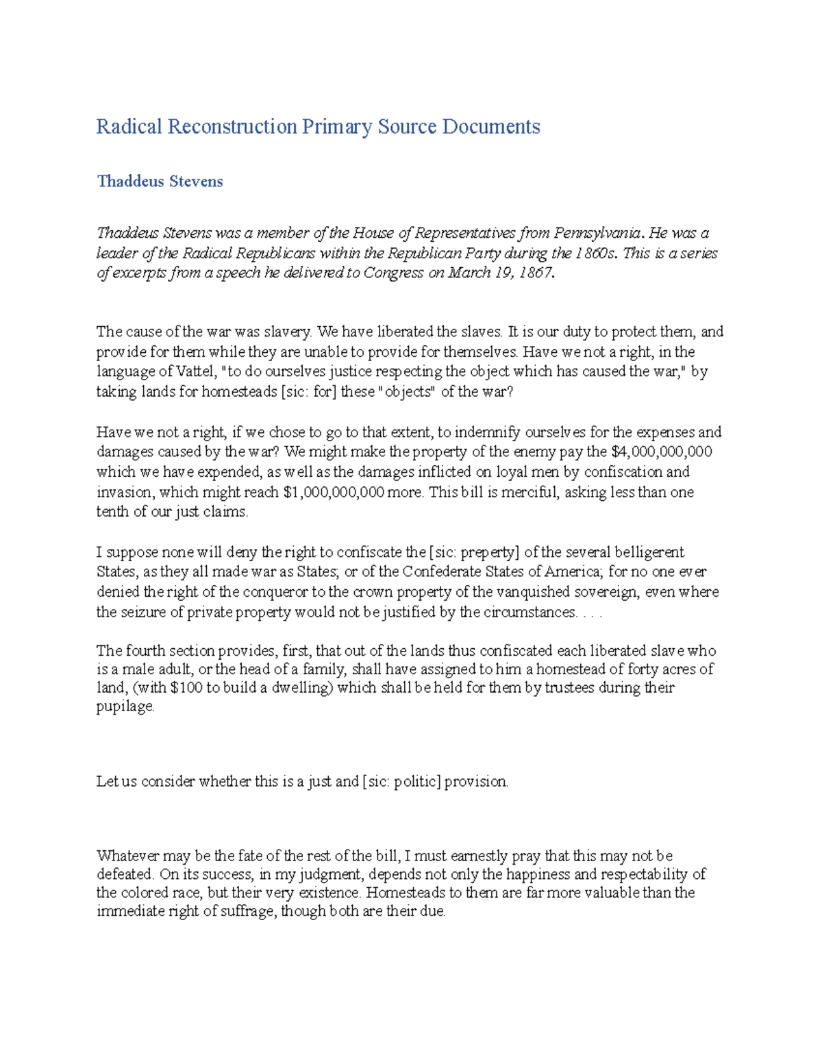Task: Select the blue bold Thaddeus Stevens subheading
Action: (160, 182)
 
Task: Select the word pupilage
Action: (125, 707)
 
